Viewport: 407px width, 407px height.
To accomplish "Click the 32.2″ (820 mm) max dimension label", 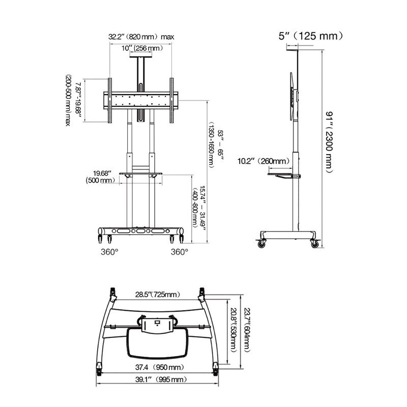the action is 141,37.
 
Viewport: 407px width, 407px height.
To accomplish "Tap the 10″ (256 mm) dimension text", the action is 142,48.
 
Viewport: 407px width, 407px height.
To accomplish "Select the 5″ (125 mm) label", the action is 311,36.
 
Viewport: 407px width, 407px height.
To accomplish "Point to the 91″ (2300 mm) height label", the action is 329,142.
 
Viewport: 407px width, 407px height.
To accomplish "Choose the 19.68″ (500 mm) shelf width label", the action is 100,177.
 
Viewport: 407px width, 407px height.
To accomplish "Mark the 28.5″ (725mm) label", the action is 158,295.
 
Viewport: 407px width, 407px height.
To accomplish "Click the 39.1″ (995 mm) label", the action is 161,380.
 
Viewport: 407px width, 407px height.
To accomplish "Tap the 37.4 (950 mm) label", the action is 160,367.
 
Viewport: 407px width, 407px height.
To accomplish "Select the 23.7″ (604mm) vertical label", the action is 247,330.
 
